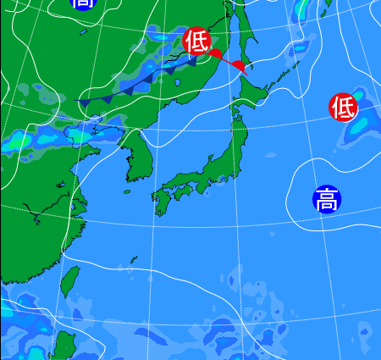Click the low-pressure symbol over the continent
(x=196, y=42)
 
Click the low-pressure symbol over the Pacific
(x=343, y=108)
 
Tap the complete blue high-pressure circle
(x=327, y=199)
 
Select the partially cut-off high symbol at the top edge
(x=83, y=3)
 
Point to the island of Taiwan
(x=71, y=284)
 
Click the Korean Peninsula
(x=138, y=157)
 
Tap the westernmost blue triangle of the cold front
(x=84, y=103)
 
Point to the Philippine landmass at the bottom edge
(x=64, y=347)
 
